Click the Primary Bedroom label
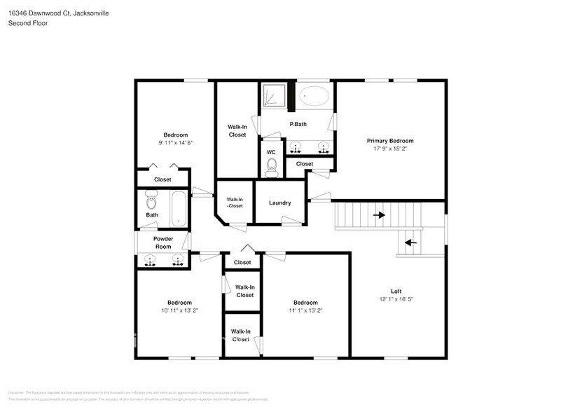(390, 141)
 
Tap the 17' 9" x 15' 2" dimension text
(390, 149)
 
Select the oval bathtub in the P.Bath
(314, 96)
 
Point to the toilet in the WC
(272, 167)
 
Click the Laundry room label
(280, 203)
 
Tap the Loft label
(396, 291)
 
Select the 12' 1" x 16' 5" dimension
(396, 299)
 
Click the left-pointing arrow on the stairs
(410, 243)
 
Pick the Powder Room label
(163, 242)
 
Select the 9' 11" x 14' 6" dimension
(175, 142)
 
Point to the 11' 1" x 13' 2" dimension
(305, 310)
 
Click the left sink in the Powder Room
(150, 261)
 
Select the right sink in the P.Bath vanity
(324, 147)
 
